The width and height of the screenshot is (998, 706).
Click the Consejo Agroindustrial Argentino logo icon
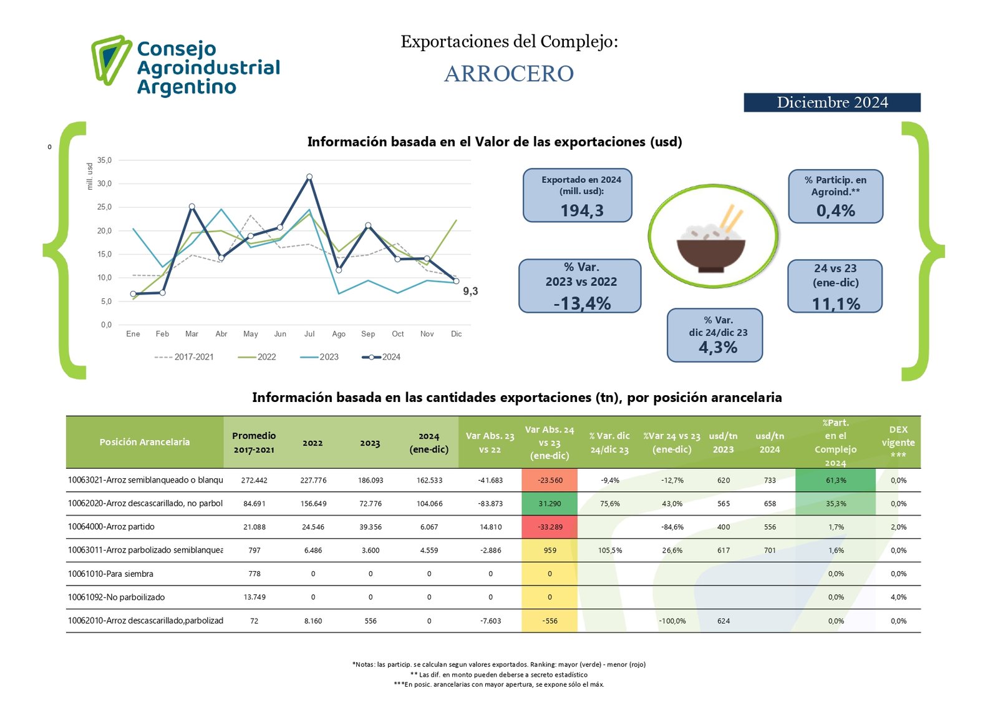click(110, 60)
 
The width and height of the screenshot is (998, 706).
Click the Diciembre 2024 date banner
click(831, 102)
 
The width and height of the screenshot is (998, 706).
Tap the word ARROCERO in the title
click(509, 74)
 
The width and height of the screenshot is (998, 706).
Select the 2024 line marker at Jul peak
click(309, 177)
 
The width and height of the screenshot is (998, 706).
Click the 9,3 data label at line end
click(470, 292)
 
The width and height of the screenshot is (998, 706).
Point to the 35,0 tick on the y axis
click(104, 160)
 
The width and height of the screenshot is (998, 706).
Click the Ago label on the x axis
click(339, 334)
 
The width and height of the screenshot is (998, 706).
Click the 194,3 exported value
click(581, 211)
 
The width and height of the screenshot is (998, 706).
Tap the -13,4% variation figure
click(582, 303)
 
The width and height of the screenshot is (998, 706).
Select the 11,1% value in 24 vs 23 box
click(836, 304)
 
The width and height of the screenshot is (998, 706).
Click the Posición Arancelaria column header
click(145, 442)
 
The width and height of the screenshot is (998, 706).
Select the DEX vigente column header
click(898, 442)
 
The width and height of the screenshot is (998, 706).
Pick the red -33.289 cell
click(550, 527)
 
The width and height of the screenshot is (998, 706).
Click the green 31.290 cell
click(550, 504)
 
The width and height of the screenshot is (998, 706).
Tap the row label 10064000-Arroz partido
click(111, 527)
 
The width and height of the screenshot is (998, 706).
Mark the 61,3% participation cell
click(836, 481)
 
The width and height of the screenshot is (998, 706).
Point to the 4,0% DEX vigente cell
click(898, 597)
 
